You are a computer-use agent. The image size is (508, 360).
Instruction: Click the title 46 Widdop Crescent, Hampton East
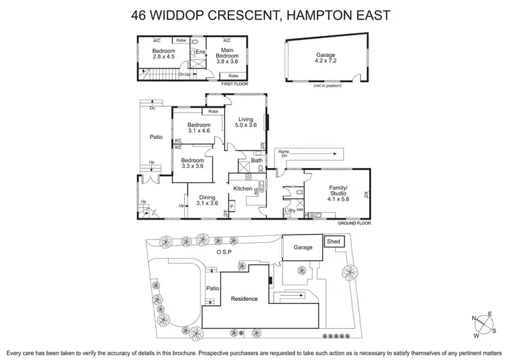pos(254,14)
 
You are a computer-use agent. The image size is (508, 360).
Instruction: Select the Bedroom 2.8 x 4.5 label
pos(163,54)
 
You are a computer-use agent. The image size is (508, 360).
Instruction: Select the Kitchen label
pos(242,188)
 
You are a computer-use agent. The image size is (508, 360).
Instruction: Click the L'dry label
pos(289,211)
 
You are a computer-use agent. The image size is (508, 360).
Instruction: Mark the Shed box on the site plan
pos(333,241)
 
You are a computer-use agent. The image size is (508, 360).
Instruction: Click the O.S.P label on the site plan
pos(224,252)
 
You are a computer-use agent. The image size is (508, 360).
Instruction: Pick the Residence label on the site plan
pos(245,298)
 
